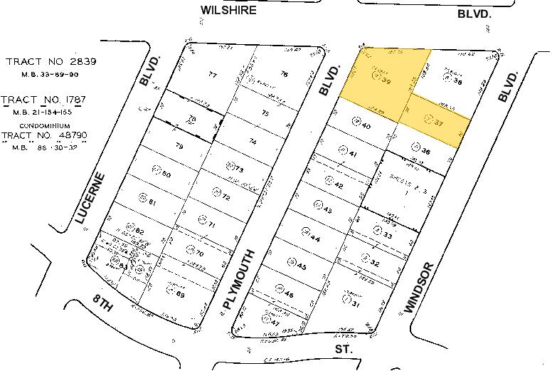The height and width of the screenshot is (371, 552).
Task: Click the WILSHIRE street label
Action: click(x=228, y=10)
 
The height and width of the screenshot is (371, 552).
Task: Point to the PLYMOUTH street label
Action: click(x=239, y=280)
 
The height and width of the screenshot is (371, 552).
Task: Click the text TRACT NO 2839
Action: click(x=51, y=61)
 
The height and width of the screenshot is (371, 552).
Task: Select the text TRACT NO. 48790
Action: click(x=46, y=135)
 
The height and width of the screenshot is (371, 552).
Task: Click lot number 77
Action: click(x=212, y=75)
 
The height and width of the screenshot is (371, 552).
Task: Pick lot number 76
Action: click(x=284, y=74)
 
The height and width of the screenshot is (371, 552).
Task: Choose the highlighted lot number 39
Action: click(x=387, y=81)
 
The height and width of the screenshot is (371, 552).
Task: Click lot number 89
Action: click(x=181, y=294)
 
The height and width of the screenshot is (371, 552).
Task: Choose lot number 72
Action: click(x=225, y=194)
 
